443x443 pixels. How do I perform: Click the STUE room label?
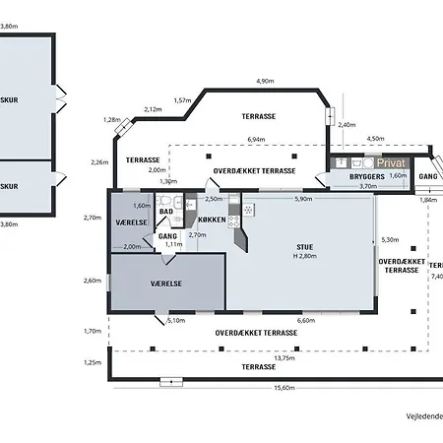(x=305, y=247)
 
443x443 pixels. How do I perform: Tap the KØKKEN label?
(x=212, y=220)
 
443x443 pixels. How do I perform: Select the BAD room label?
(x=166, y=212)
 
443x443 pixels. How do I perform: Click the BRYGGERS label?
(x=367, y=176)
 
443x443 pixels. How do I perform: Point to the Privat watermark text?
(x=391, y=162)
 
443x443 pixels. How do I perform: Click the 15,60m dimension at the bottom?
(x=285, y=388)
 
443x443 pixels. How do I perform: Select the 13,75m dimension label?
(x=285, y=358)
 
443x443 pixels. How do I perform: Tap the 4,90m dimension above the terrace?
(x=265, y=81)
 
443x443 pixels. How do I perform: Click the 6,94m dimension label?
(x=256, y=140)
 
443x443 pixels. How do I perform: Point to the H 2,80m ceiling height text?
(x=305, y=256)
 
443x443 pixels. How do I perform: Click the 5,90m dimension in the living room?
(x=303, y=199)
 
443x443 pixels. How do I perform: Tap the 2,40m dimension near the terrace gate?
(x=347, y=125)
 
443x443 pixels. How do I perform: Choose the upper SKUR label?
(x=9, y=100)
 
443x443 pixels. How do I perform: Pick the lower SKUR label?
(x=9, y=186)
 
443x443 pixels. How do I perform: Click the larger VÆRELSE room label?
(x=166, y=284)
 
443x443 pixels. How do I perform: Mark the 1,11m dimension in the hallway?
(x=173, y=244)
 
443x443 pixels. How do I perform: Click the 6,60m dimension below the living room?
(x=306, y=321)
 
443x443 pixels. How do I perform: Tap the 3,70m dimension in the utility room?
(x=368, y=186)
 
